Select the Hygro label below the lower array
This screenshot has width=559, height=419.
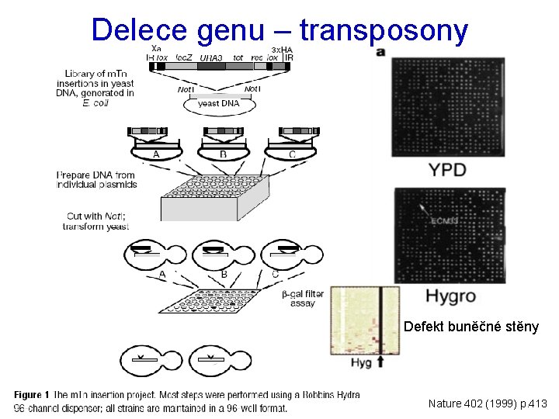[x=451, y=296]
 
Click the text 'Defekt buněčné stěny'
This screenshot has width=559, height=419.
[x=471, y=327]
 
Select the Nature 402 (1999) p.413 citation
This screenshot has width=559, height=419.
[x=488, y=403]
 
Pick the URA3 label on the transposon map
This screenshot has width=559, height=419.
[x=211, y=57]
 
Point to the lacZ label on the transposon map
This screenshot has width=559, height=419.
[x=184, y=57]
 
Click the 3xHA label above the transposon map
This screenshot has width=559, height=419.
[x=279, y=48]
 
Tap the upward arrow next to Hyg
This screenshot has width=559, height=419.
[x=380, y=361]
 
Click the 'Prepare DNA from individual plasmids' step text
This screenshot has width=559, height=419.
[x=96, y=180]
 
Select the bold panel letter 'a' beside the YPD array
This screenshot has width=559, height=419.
[x=380, y=53]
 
